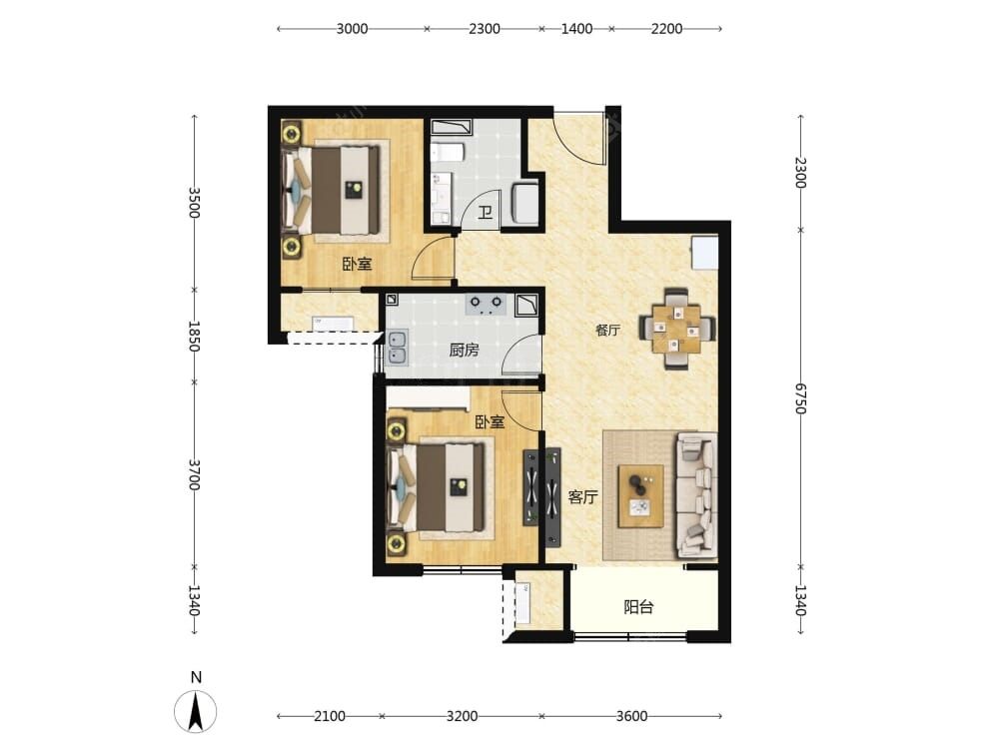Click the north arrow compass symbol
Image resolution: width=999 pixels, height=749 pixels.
pos(195,711)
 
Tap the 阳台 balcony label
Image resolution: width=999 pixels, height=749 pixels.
pos(638,607)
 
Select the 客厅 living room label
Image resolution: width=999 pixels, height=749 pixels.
pos(583,496)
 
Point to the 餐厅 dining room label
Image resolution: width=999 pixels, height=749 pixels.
pos(607,330)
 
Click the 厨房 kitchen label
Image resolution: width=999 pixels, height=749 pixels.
pos(464,350)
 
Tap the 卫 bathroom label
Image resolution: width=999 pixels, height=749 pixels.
pos(486,212)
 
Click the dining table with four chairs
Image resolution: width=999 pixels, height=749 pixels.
pos(676,329)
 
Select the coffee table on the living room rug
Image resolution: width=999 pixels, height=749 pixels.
pos(641,496)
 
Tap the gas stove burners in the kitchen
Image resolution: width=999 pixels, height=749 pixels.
pos(486,305)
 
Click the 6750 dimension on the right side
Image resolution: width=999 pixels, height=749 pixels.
pos(801,398)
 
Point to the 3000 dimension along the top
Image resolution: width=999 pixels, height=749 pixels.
pos(353,29)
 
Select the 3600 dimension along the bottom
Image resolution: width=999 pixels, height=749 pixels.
pos(631,716)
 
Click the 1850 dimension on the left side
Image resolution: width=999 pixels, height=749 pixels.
pos(195,336)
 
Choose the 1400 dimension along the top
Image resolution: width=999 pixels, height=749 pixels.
pos(576,29)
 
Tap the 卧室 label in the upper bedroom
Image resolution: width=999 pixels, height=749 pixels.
pos(357,264)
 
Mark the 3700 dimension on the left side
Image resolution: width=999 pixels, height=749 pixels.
pos(195,475)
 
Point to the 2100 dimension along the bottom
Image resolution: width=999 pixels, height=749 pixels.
pos(330,716)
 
